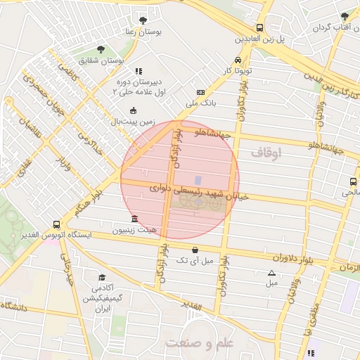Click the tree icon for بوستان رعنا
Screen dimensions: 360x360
tap(143, 20)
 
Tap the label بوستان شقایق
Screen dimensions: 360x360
tap(106, 61)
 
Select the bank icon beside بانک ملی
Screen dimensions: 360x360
tap(201, 93)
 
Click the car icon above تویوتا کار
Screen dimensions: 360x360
tap(238, 60)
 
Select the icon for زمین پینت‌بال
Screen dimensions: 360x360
tap(134, 110)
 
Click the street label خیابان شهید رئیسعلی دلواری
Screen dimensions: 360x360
tap(200, 191)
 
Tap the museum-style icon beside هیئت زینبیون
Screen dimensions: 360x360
tap(134, 219)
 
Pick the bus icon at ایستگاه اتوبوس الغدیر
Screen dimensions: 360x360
tap(56, 225)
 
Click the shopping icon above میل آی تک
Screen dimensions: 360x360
tap(195, 250)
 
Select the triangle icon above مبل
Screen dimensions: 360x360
tap(271, 273)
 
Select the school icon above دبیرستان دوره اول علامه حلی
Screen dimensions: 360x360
tap(139, 71)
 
